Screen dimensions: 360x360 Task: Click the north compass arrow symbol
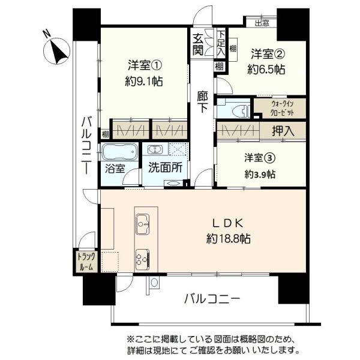click(57, 52)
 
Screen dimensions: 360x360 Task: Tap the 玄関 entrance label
click(197, 44)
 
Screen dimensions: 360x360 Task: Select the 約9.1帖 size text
click(144, 81)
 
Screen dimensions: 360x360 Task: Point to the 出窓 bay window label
click(262, 23)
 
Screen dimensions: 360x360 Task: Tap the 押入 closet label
click(283, 131)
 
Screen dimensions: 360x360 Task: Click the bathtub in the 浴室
click(119, 152)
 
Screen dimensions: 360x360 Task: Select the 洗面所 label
click(166, 167)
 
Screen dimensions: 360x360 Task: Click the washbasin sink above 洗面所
click(155, 150)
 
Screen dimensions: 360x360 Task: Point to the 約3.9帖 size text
click(260, 175)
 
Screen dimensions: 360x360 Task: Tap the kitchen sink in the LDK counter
click(143, 224)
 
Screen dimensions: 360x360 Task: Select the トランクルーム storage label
click(86, 262)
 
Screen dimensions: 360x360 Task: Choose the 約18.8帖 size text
click(228, 239)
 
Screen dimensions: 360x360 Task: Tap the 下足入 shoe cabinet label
click(221, 43)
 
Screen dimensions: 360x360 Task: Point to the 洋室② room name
click(268, 54)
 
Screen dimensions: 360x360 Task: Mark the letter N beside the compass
click(47, 34)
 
